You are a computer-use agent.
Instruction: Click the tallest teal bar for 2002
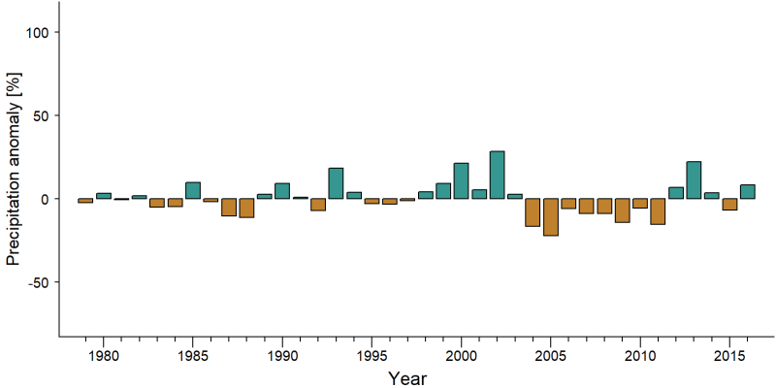point(497,175)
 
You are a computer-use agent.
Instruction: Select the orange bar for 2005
point(551,217)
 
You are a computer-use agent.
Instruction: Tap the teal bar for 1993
point(336,183)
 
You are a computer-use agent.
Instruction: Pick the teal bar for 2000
point(462,180)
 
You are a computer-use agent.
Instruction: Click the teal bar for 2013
point(694,180)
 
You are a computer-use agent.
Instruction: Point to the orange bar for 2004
point(533,212)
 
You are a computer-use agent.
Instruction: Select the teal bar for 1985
point(193,190)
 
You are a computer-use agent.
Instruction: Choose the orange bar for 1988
point(246,208)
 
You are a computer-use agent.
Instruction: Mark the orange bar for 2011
point(658,211)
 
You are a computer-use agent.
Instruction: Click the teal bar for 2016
point(747,191)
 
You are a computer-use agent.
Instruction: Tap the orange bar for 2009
point(622,210)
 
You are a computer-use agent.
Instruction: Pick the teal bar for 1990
point(282,191)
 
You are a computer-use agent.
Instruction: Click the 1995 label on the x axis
point(372,356)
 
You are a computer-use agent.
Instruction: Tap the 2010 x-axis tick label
point(640,356)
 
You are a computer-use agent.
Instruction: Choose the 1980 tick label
point(104,356)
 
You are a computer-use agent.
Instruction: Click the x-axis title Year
point(406,378)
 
